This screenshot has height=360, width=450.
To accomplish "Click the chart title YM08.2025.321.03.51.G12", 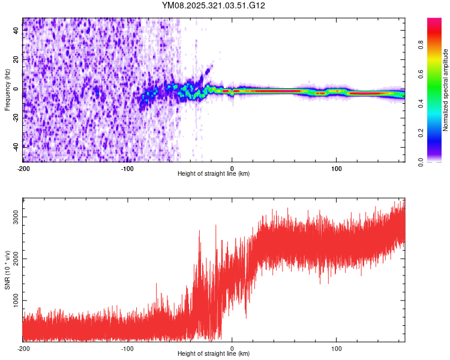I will [x=214, y=5].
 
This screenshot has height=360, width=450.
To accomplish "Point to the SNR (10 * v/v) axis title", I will [x=7, y=269].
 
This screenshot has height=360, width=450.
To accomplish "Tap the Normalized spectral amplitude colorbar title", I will [x=446, y=90].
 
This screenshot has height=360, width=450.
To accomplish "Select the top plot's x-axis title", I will [x=214, y=174].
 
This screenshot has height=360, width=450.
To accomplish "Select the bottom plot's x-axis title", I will [x=214, y=354].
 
